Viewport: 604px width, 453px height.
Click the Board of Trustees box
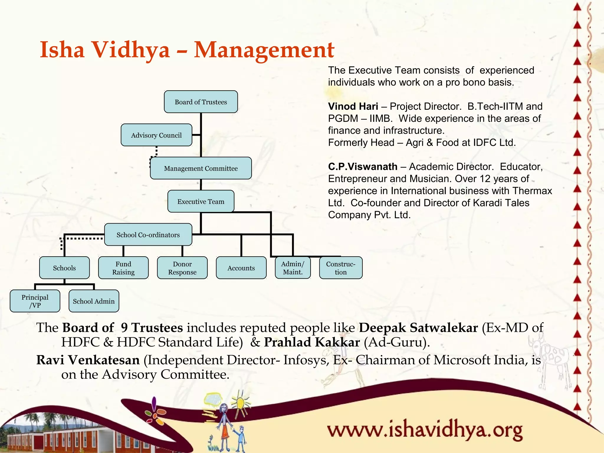point(201,102)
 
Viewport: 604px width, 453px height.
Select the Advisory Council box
point(156,135)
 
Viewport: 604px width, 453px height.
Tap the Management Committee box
point(201,168)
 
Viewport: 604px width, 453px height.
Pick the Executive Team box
point(201,201)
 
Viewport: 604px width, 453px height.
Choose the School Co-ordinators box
point(148,235)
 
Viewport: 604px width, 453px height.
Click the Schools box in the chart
point(64,268)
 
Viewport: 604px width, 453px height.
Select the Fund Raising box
point(123,268)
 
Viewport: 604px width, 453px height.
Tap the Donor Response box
point(182,268)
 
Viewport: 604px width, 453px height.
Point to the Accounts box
point(241,268)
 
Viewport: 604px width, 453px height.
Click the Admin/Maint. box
point(293,268)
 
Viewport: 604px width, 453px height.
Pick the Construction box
point(341,268)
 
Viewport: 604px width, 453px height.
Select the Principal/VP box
point(35,301)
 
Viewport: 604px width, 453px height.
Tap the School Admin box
point(94,301)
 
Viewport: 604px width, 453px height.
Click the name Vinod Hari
point(353,106)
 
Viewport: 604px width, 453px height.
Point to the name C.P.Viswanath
point(363,167)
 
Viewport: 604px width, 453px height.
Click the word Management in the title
point(264,50)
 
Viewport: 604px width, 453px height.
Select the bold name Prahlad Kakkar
point(312,342)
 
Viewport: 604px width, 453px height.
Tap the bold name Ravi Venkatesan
point(88,360)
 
